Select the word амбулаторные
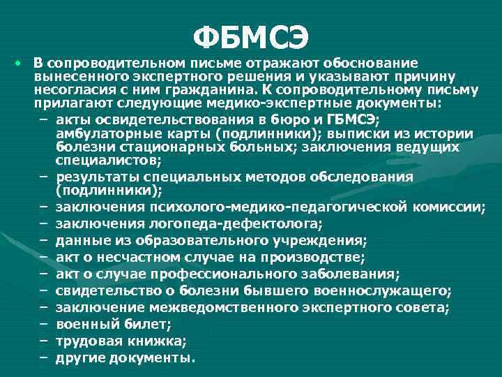coord(102,133)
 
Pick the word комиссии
coord(455,207)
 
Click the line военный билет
coord(112,324)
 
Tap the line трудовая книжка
coord(121,341)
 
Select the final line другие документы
coord(125,357)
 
